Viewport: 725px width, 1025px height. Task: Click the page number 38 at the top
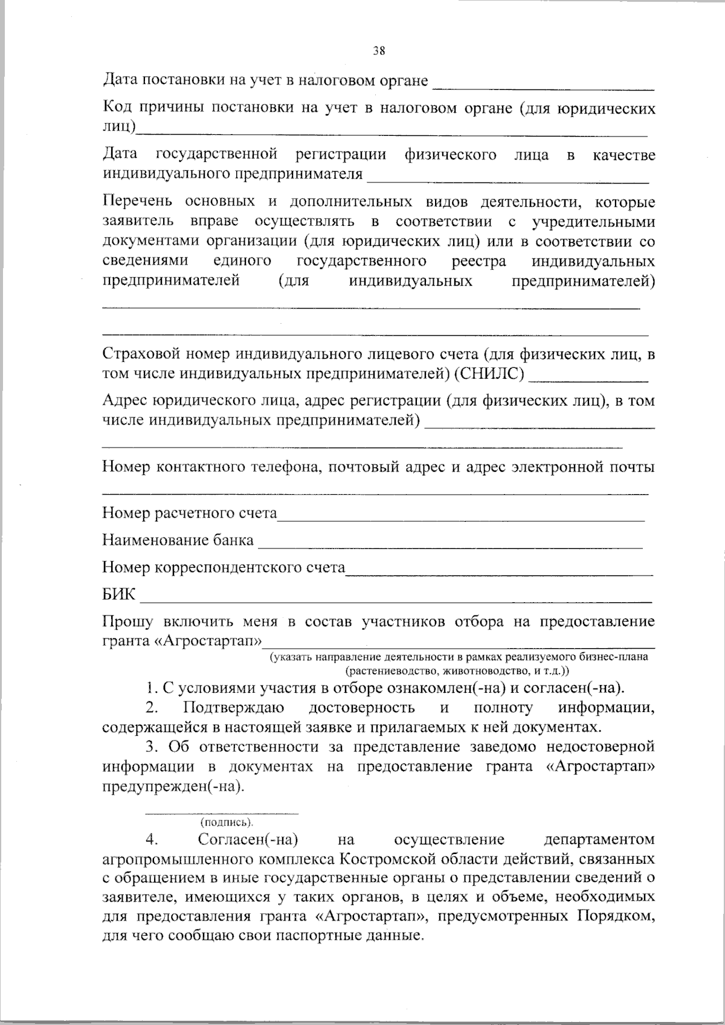tap(379, 51)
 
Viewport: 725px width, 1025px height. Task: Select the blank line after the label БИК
tap(396, 601)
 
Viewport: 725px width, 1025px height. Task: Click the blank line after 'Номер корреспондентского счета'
tap(498, 573)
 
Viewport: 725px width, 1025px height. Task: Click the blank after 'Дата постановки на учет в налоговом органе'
tap(544, 88)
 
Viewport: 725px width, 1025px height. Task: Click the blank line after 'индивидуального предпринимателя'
tap(507, 181)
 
